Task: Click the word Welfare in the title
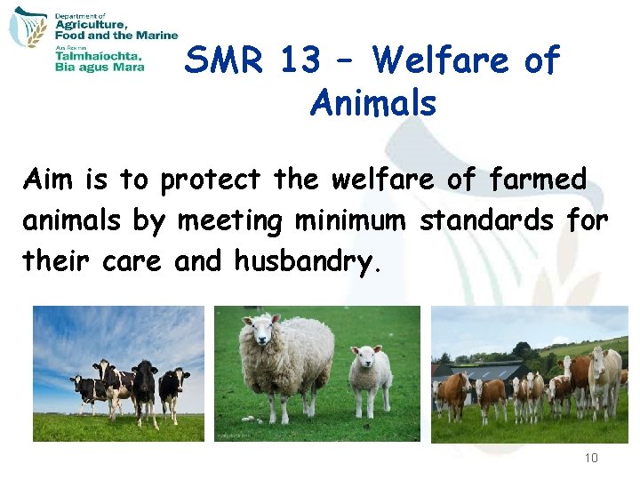click(x=441, y=61)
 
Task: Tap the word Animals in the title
click(x=373, y=104)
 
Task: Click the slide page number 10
click(x=592, y=459)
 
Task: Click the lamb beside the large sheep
click(x=369, y=373)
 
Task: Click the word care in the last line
click(x=135, y=261)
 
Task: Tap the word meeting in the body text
click(x=234, y=220)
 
